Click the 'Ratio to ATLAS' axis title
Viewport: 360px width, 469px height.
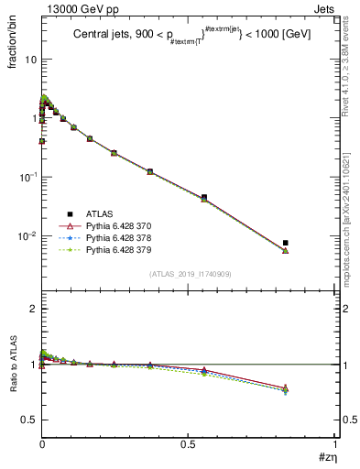click(13, 365)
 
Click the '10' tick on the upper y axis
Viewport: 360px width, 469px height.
click(30, 60)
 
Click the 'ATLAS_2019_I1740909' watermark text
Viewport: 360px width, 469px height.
click(190, 274)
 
